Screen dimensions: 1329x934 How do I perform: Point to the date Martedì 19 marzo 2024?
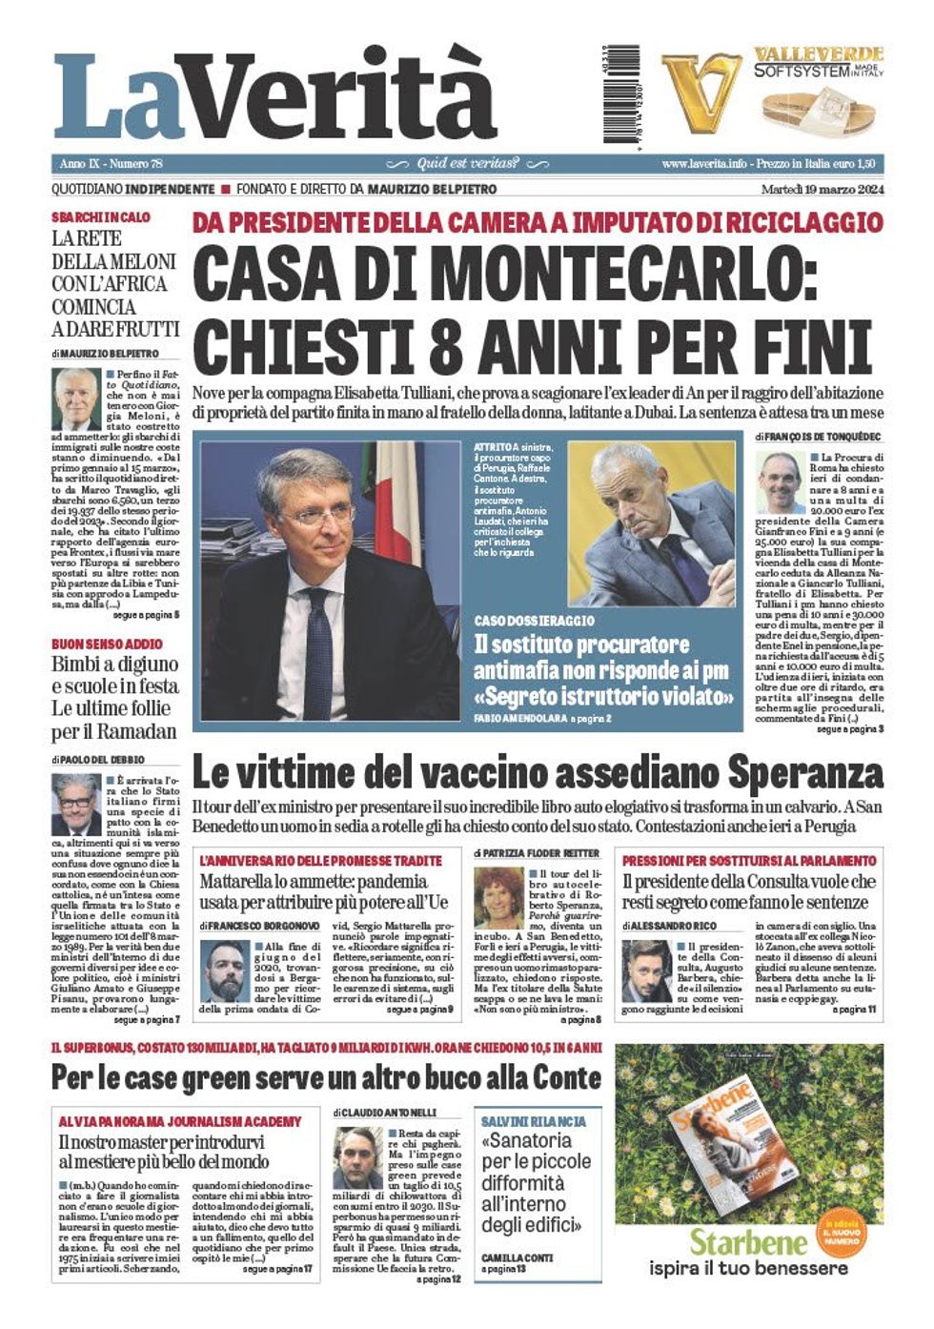pos(822,190)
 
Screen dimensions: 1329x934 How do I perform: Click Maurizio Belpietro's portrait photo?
pos(76,399)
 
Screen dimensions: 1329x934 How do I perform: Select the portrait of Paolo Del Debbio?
pos(75,805)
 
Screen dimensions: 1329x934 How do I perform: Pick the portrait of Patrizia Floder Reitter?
pos(498,897)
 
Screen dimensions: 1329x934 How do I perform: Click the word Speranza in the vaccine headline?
pos(807,772)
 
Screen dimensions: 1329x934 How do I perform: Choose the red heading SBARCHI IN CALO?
pos(100,217)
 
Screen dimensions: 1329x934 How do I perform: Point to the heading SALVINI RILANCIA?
pos(533,1122)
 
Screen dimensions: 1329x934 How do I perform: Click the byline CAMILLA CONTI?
pos(517,1257)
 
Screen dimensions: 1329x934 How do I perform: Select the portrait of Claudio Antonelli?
pos(357,1157)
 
